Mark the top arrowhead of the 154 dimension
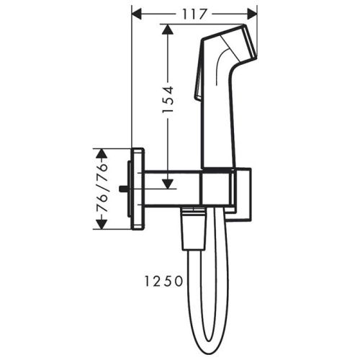coord(167,28)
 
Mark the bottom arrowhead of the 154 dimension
coord(167,184)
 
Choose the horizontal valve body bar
coord(173,189)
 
